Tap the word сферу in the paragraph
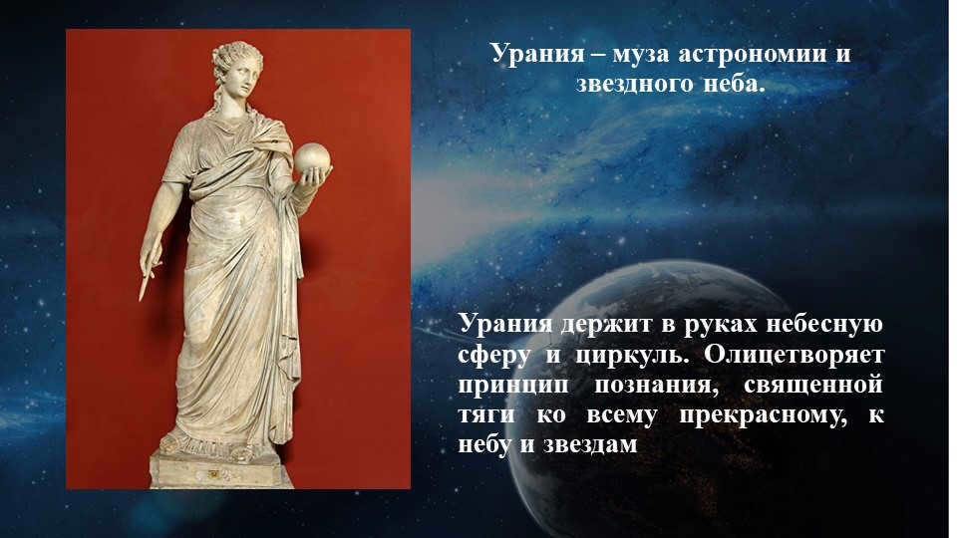(x=493, y=355)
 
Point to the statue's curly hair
(x=235, y=53)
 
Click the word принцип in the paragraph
(x=508, y=385)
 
